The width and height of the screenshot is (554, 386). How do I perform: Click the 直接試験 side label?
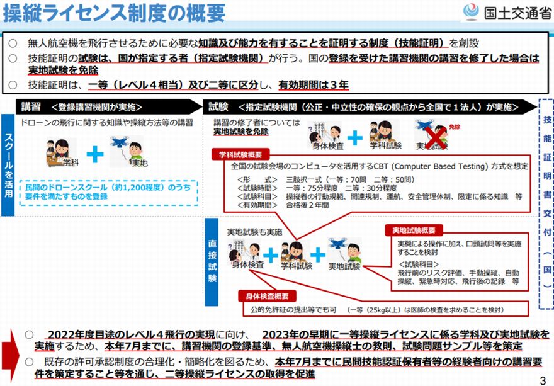click(211, 258)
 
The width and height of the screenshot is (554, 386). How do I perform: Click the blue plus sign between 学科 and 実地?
click(95, 154)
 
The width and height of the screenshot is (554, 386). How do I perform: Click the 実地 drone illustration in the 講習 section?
click(125, 151)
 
